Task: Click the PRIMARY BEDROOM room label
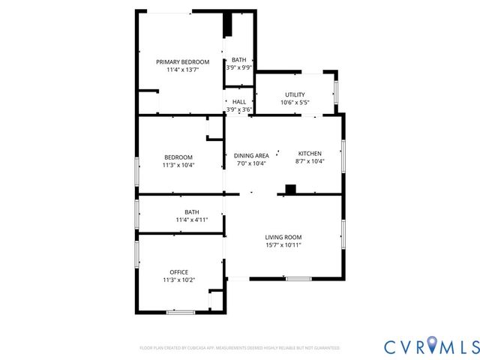182,61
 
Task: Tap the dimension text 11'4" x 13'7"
182,70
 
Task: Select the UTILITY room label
295,94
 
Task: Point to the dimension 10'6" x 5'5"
295,103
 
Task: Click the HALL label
239,102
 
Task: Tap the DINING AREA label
251,156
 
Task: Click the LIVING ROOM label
283,237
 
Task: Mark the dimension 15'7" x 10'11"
283,245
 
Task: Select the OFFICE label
178,271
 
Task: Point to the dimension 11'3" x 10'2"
178,280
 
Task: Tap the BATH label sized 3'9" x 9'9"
238,60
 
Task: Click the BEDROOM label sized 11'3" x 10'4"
178,157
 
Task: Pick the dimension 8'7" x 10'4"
310,161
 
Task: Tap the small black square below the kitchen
291,189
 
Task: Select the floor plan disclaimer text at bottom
240,348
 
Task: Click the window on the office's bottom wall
181,312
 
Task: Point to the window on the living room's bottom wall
298,279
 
